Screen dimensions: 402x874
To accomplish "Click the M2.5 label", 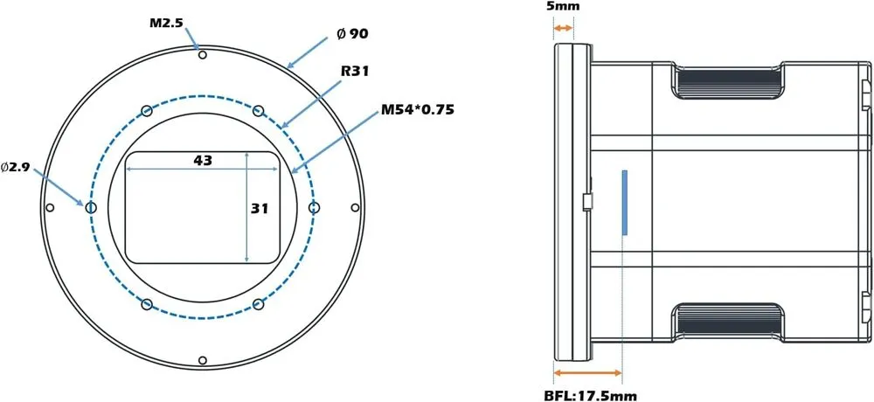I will coord(165,21).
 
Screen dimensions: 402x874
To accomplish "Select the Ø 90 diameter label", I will coord(352,34).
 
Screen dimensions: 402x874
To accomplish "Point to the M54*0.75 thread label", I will coord(418,111).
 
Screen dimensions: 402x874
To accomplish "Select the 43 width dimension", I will coord(203,160).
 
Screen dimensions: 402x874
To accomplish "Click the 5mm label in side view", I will coord(562,7).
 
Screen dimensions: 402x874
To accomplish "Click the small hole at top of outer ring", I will coord(202,55).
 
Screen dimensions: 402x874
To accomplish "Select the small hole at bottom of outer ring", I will coord(202,360).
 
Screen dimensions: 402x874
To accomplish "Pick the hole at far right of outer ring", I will coord(354,207).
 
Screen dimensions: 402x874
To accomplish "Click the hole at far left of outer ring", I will coord(50,207).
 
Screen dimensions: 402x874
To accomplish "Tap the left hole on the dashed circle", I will coord(91,207).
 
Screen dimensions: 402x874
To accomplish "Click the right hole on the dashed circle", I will coord(315,207).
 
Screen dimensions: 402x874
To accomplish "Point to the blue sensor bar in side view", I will coord(625,203).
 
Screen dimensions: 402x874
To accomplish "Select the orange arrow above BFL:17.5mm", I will coord(588,373).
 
